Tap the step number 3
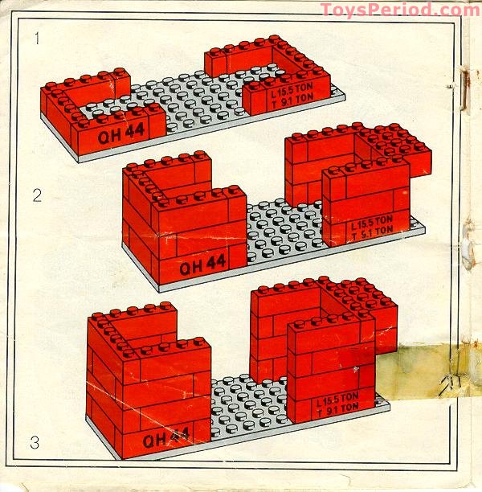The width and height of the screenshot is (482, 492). coord(35,441)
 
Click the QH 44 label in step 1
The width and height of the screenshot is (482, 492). coord(118,135)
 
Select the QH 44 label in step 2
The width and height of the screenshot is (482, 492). coord(202,264)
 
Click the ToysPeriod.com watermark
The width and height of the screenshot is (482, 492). coord(399,10)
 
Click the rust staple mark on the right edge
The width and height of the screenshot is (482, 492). coord(464,88)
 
